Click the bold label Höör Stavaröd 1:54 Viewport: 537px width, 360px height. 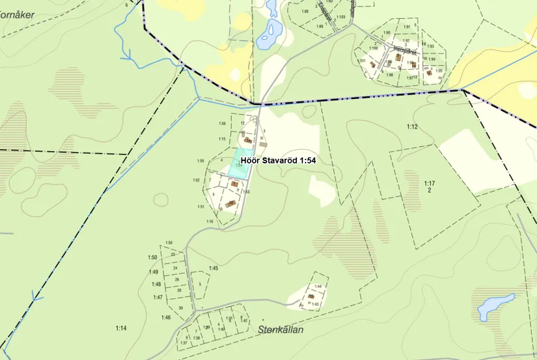278,159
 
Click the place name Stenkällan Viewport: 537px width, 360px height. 282,329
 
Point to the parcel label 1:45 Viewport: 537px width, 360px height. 213,268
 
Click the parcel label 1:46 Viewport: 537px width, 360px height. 166,318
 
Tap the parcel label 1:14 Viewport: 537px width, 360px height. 120,328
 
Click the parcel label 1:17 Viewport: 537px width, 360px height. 429,184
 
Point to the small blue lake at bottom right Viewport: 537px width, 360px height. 496,305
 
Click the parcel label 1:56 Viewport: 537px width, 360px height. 222,124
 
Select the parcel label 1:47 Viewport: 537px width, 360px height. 158,298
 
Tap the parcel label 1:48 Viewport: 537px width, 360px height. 156,284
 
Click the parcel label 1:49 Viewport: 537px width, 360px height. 154,271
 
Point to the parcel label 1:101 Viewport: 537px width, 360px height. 361,61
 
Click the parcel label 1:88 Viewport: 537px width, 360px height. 305,12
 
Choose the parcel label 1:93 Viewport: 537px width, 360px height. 430,47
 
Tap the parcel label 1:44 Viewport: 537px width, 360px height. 318,286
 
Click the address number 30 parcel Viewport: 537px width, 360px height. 180,308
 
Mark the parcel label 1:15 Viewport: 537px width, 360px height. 222,139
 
